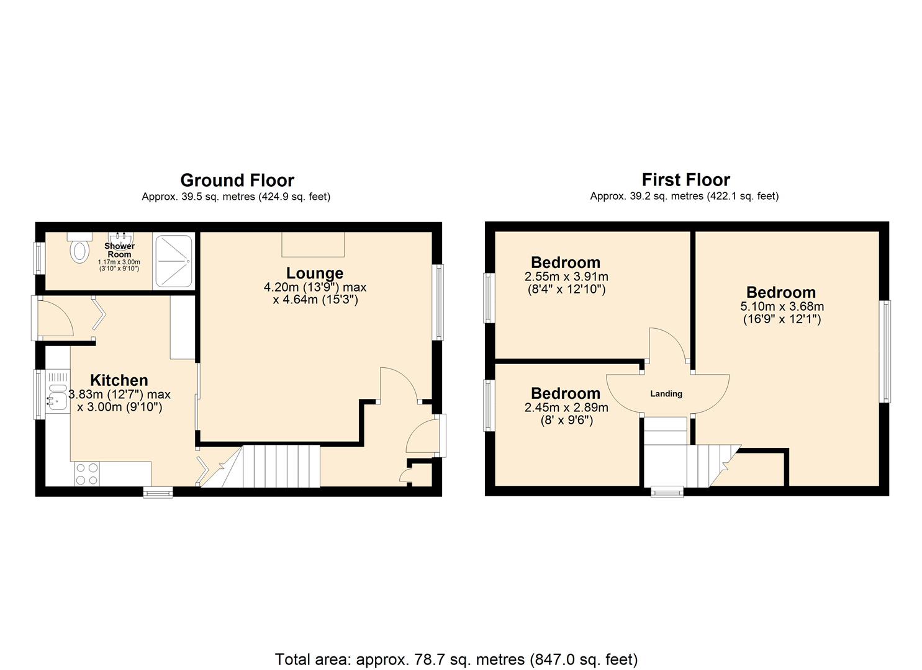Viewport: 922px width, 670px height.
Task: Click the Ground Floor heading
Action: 237,181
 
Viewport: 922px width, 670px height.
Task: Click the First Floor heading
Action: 685,180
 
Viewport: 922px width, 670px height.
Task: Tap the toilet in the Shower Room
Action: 80,251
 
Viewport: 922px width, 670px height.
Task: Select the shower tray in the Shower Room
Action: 174,261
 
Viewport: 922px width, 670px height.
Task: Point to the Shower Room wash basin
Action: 120,238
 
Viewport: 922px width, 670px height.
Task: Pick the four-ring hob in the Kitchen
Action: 86,474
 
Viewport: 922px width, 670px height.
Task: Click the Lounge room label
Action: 315,274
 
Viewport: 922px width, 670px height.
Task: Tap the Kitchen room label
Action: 119,380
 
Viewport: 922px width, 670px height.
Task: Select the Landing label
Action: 666,394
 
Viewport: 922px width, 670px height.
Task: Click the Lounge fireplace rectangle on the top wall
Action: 313,244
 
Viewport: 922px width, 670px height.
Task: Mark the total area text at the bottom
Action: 456,659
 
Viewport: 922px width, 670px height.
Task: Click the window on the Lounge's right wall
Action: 439,302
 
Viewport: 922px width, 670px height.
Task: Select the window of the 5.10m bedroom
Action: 886,351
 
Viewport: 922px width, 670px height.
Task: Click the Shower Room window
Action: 38,257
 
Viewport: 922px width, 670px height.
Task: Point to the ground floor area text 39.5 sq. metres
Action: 236,197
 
